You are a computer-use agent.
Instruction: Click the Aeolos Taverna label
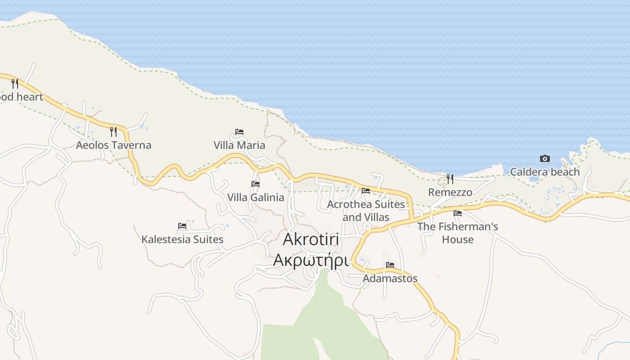coord(113,145)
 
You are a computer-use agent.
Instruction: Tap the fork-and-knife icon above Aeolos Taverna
coord(113,132)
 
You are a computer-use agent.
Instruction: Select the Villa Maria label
coord(239,145)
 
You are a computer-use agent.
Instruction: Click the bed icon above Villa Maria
coord(239,132)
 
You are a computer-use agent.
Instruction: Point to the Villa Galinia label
coord(256,198)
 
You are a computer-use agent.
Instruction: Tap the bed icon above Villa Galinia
coord(256,184)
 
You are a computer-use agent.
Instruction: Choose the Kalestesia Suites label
coord(182,239)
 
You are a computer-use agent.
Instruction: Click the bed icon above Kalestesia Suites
coord(182,226)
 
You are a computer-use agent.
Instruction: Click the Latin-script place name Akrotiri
coord(311,240)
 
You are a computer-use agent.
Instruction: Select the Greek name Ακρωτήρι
coord(311,260)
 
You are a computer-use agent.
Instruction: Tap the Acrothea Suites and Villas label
coord(366,211)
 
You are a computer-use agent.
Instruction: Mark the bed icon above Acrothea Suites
coord(366,191)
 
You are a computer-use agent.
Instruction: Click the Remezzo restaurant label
coord(450,193)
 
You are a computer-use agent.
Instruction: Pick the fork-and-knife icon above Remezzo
coord(450,179)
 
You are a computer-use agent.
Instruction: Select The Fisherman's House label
coord(458,233)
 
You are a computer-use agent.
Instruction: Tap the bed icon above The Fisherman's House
coord(458,213)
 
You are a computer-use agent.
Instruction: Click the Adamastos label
coord(390,279)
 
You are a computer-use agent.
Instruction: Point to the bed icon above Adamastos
coord(390,265)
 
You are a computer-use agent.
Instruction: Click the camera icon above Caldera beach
coord(545,158)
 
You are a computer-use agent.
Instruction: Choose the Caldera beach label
coord(545,172)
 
